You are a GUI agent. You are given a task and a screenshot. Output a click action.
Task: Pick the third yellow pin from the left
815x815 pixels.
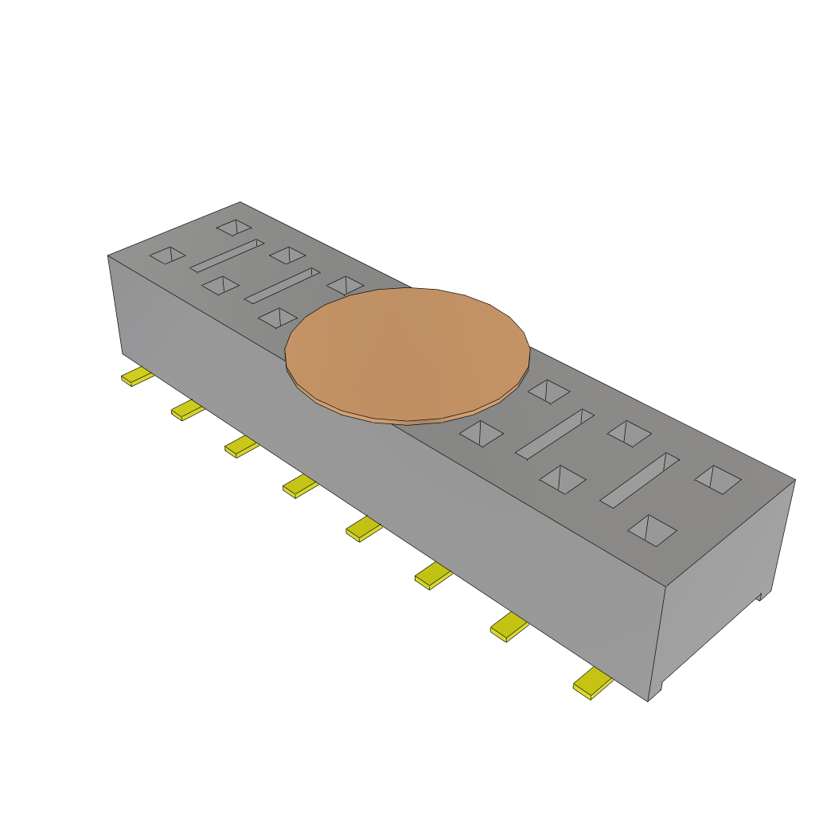[241, 446]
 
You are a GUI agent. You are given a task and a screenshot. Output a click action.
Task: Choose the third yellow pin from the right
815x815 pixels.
[433, 575]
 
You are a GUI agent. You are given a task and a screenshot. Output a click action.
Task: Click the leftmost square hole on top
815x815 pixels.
[167, 255]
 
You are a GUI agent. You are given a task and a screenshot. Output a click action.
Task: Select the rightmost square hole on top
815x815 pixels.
[718, 478]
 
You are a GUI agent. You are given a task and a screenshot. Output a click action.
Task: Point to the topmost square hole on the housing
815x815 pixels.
[234, 228]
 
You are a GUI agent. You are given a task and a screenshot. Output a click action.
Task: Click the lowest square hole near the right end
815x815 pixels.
[652, 530]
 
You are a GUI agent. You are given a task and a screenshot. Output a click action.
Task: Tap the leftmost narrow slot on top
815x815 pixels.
[226, 255]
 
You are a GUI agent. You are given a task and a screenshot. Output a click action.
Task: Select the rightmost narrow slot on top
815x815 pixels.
[639, 480]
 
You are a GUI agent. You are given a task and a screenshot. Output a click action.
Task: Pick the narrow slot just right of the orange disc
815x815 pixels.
[555, 434]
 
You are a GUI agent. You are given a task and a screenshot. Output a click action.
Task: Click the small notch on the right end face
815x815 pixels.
[760, 595]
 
